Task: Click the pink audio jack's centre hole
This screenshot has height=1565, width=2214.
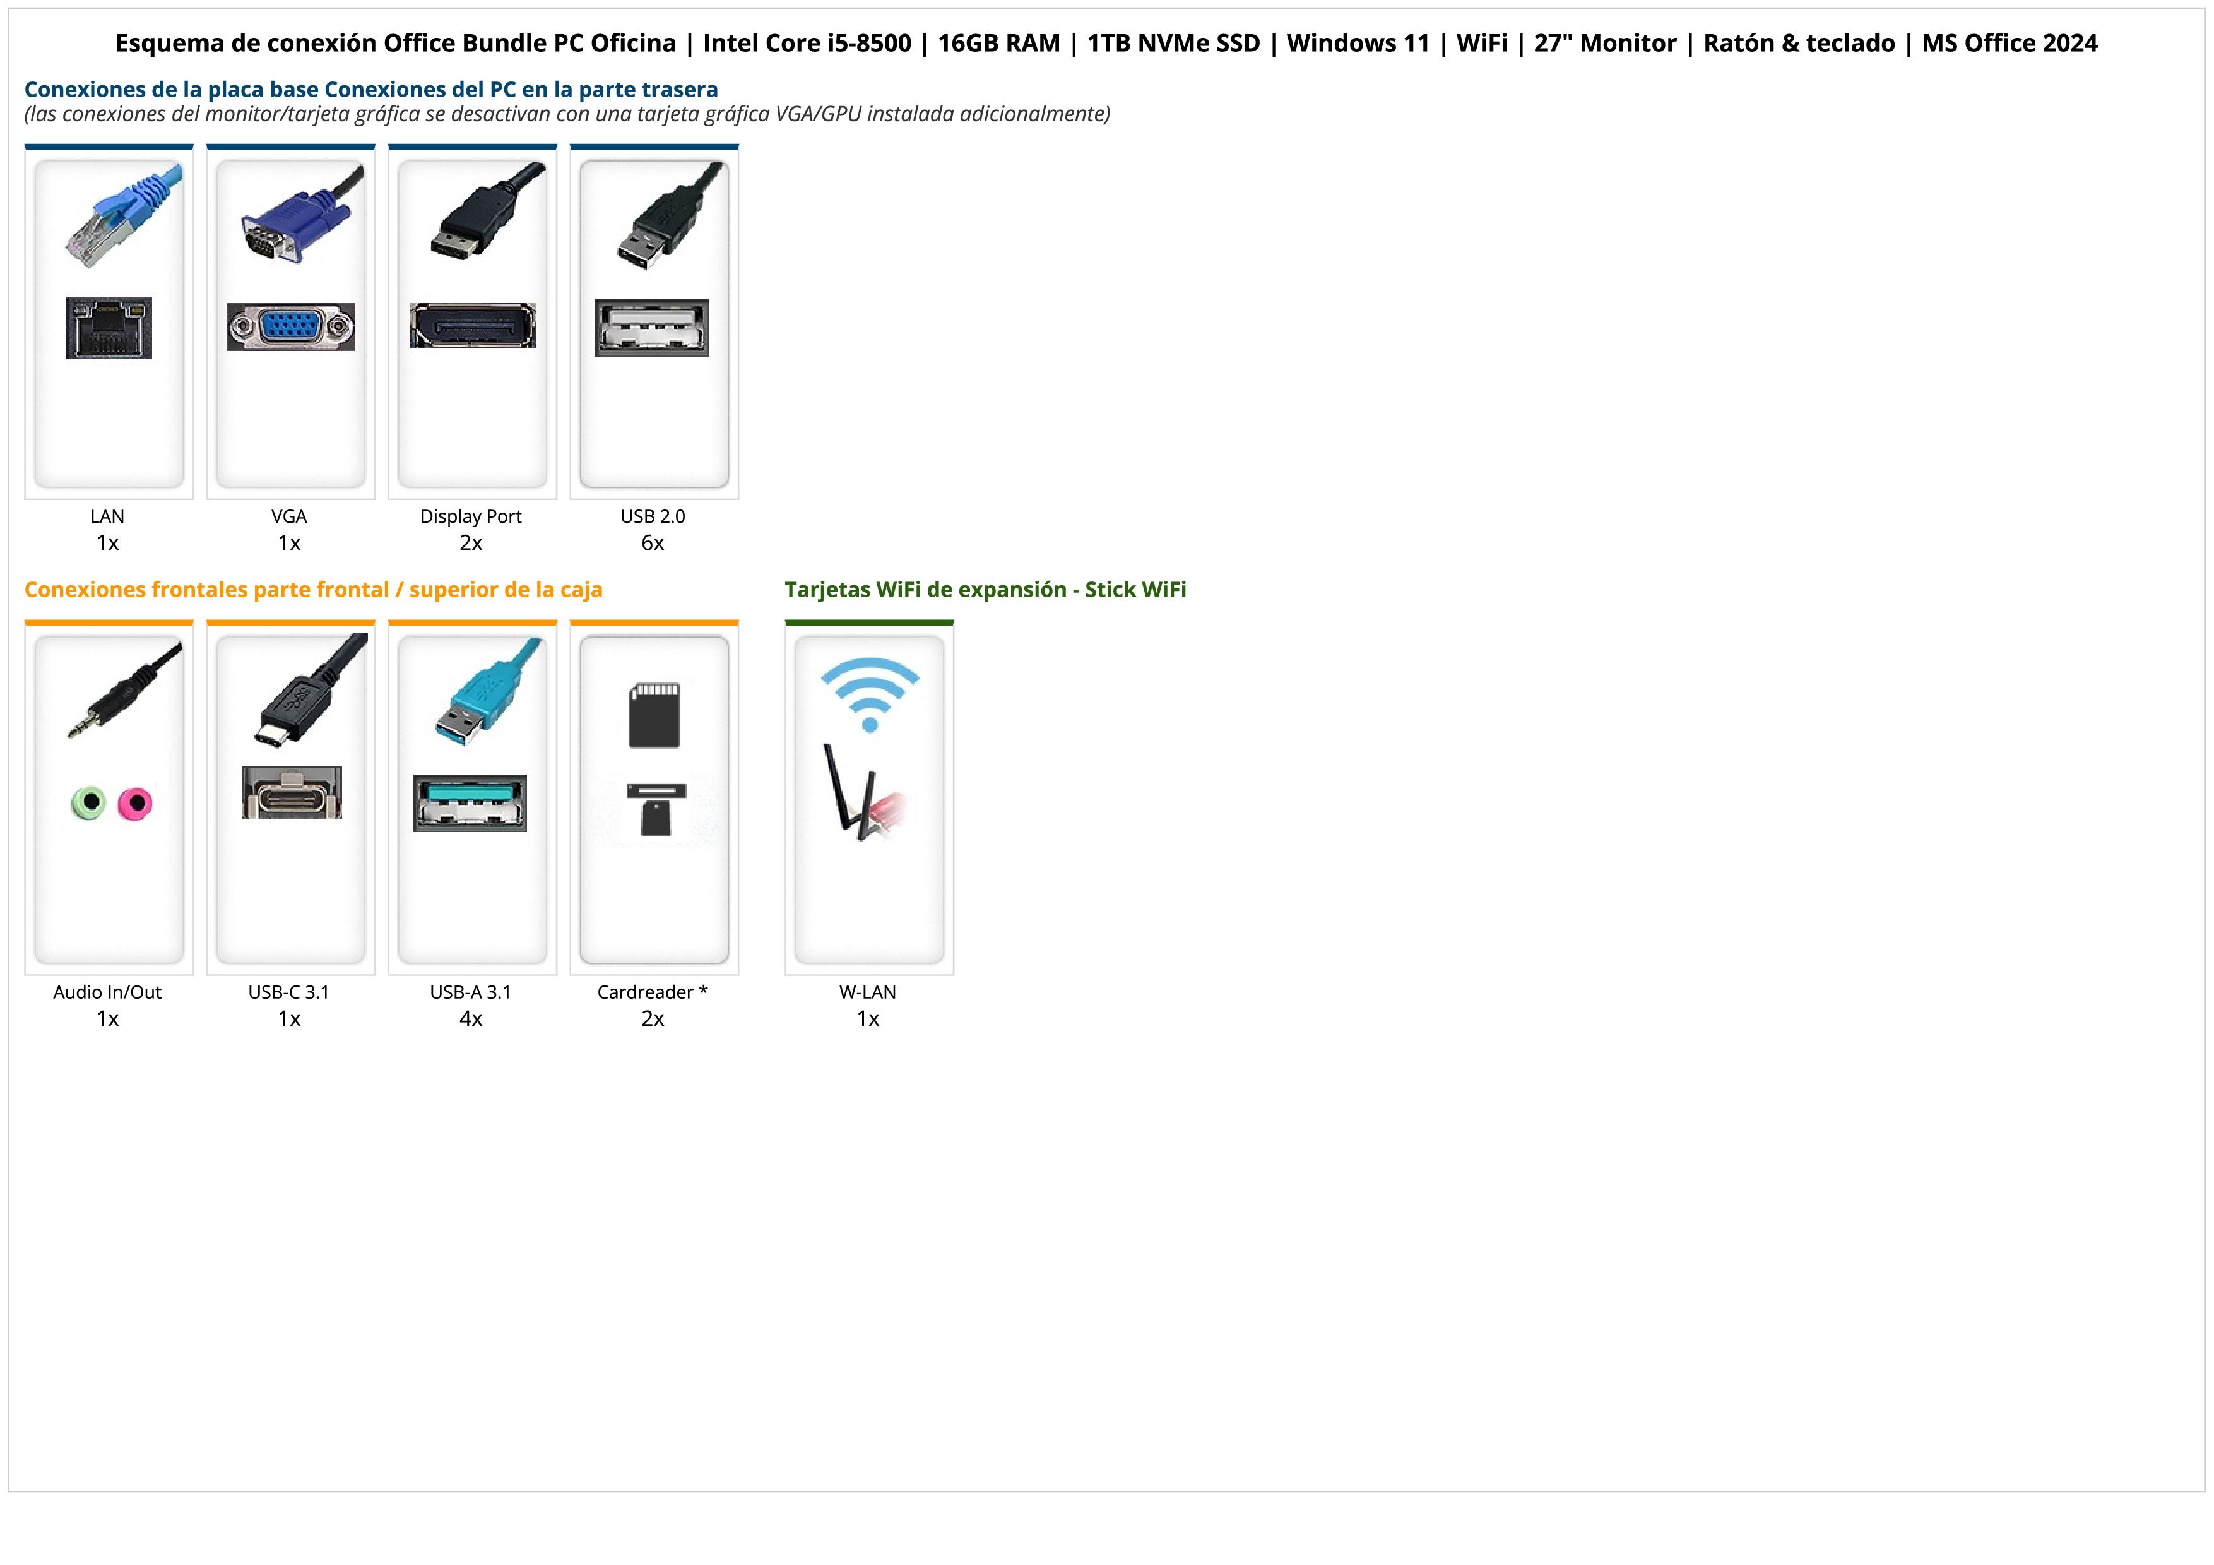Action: coord(136,802)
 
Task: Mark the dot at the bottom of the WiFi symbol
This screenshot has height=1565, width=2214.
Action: coord(870,724)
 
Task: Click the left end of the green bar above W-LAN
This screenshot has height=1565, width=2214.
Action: coord(786,623)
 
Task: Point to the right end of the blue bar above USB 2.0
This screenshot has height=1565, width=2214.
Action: coord(738,146)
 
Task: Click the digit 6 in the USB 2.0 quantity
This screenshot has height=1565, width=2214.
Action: coord(647,543)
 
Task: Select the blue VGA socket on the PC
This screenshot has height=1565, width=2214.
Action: coord(291,327)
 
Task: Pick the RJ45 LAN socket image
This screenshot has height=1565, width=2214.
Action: coord(109,328)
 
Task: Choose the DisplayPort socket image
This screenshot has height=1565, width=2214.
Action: coord(473,326)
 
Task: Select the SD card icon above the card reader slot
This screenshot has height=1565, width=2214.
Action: coord(654,715)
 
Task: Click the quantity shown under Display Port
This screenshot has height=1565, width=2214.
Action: coord(471,543)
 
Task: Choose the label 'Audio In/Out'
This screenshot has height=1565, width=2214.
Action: coord(107,992)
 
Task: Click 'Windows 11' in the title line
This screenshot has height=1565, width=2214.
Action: coord(1358,44)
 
